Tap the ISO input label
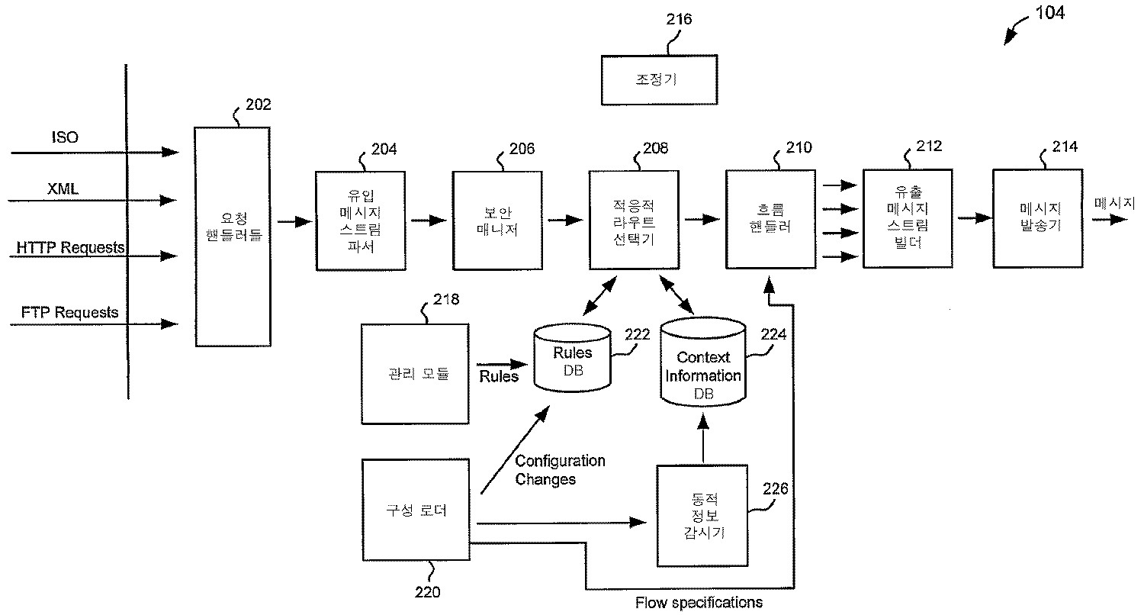click(x=65, y=137)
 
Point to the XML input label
click(x=63, y=188)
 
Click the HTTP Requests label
click(x=71, y=247)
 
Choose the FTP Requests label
click(x=69, y=312)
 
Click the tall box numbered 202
click(x=233, y=237)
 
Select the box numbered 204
click(x=359, y=221)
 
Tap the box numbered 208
click(x=634, y=220)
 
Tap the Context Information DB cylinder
click(x=702, y=364)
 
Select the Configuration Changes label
click(x=560, y=470)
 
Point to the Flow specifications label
click(x=699, y=603)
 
